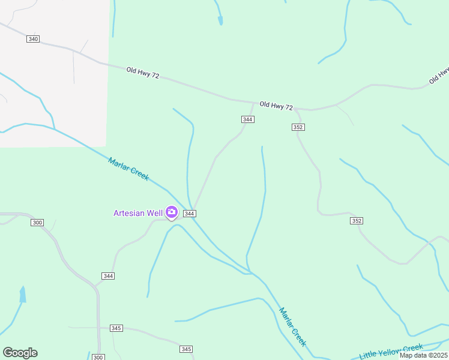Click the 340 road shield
coord(33,39)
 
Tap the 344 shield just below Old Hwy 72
coord(248,119)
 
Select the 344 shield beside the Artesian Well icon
coord(189,214)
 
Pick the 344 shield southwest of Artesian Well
coord(108,275)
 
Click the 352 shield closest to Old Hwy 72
coord(298,127)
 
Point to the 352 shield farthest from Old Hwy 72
coord(357,221)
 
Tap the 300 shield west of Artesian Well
coord(37,223)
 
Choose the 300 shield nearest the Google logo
coord(98,357)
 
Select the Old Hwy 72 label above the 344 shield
coord(276,106)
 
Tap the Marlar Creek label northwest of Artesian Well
coord(128,169)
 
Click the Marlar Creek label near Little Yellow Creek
coord(292,327)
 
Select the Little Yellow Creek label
coord(391,352)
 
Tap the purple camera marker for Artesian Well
coord(172,212)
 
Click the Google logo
coord(20,352)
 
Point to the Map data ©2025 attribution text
coord(424,355)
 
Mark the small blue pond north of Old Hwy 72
coord(220,20)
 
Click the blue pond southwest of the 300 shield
coord(23,294)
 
